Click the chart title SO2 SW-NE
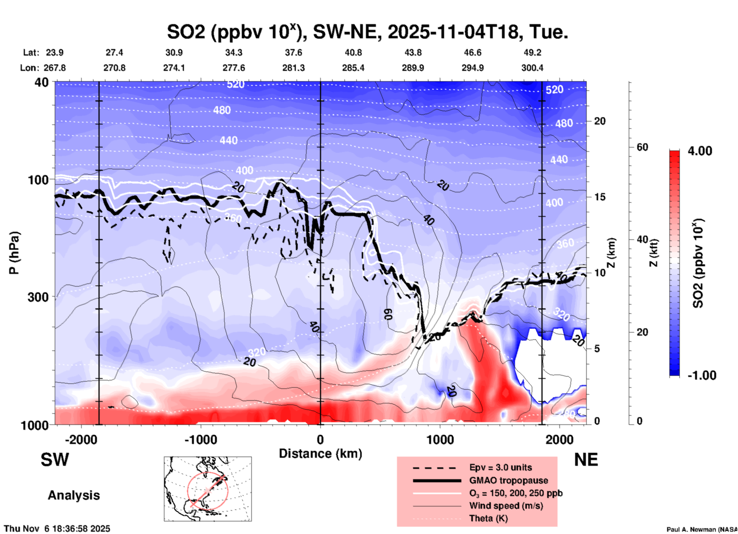click(367, 32)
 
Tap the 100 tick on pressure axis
click(38, 180)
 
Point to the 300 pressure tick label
click(38, 297)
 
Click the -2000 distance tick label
click(81, 439)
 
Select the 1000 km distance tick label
click(440, 439)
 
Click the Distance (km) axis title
click(320, 454)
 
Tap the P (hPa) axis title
click(14, 253)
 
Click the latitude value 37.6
click(293, 52)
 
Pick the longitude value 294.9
click(472, 68)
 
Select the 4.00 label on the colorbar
click(700, 151)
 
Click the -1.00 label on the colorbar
click(702, 375)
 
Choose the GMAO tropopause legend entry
click(508, 480)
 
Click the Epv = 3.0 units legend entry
click(500, 467)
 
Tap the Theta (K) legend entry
click(488, 518)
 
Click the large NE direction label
click(586, 460)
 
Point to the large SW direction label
click(55, 460)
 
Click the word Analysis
click(74, 495)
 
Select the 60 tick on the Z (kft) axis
click(642, 147)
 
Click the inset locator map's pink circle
click(208, 491)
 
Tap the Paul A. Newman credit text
click(702, 529)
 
